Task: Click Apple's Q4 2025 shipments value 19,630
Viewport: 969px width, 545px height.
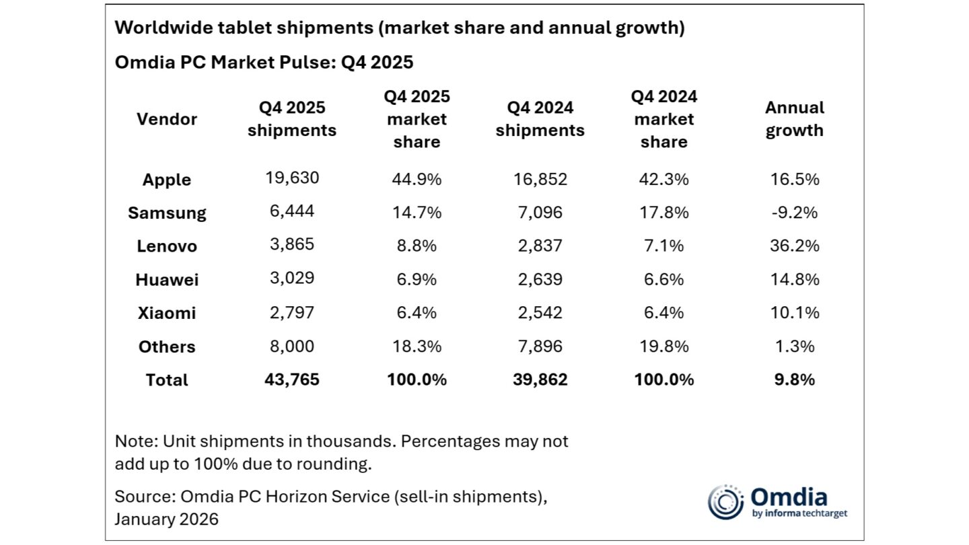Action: (x=291, y=178)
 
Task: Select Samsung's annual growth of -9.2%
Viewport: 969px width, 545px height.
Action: (x=794, y=212)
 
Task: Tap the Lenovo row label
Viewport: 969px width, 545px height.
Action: (x=167, y=246)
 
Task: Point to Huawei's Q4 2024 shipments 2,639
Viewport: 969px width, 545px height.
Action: (x=540, y=279)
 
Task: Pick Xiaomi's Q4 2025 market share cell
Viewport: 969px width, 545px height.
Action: (x=417, y=313)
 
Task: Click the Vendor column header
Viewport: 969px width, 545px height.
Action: (x=167, y=119)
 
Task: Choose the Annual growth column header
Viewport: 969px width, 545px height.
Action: (x=794, y=119)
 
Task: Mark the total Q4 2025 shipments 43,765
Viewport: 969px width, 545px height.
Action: (x=291, y=379)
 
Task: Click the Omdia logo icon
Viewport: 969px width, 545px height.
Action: (x=725, y=502)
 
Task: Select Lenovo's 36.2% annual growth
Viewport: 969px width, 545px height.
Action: (x=794, y=246)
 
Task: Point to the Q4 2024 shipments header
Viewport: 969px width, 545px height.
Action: (x=540, y=119)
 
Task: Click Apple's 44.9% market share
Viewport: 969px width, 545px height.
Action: (x=417, y=179)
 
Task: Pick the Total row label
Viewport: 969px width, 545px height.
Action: (x=167, y=380)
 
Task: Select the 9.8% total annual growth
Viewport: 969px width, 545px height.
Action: (x=794, y=379)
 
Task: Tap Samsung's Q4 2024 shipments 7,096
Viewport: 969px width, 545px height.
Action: (x=540, y=213)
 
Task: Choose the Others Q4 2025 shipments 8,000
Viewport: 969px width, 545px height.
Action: (x=291, y=347)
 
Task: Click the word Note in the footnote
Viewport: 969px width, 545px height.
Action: (x=133, y=441)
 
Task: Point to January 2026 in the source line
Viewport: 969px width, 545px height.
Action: (x=167, y=519)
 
